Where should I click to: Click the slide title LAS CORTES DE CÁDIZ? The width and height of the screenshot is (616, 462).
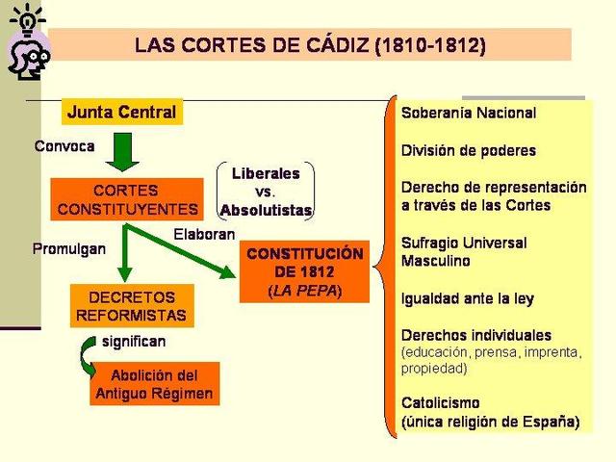tap(310, 44)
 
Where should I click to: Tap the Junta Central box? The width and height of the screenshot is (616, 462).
tap(121, 112)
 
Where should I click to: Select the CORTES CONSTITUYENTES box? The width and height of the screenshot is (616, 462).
tap(127, 199)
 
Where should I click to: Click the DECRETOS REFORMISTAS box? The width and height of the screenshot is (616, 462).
tap(132, 305)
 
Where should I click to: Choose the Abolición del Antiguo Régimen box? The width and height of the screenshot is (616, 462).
tap(154, 384)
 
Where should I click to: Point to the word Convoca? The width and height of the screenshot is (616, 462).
tap(64, 147)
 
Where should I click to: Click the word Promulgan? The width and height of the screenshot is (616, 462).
tap(69, 248)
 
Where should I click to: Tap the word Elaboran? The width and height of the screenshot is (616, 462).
tap(205, 234)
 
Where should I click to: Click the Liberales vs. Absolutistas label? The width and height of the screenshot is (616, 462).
tap(266, 191)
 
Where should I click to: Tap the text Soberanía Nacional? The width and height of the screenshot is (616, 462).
tap(469, 113)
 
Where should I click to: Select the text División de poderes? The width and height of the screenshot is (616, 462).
tap(469, 150)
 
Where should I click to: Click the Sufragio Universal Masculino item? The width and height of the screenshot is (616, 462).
tap(463, 251)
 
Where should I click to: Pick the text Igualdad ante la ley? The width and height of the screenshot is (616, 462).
tap(467, 298)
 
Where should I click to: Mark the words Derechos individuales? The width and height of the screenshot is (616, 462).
tap(476, 335)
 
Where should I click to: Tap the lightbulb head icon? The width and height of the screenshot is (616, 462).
tap(26, 46)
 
